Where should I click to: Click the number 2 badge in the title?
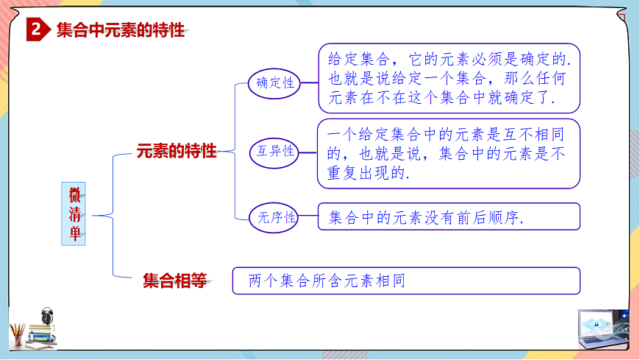coord(36,30)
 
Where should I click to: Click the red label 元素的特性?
coord(177,151)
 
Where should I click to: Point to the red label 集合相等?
coord(174,280)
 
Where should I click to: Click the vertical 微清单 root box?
coord(74,214)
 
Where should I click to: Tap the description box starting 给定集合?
coord(449,77)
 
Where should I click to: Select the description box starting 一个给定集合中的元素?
coord(449,154)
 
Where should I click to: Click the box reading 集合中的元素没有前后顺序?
coord(449,217)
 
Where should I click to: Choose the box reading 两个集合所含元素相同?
coord(406,280)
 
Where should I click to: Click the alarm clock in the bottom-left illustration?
coord(49,317)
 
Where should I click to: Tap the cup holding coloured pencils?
coord(18,335)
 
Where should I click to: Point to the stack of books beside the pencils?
coord(43,337)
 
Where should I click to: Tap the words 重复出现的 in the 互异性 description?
coord(366,174)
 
